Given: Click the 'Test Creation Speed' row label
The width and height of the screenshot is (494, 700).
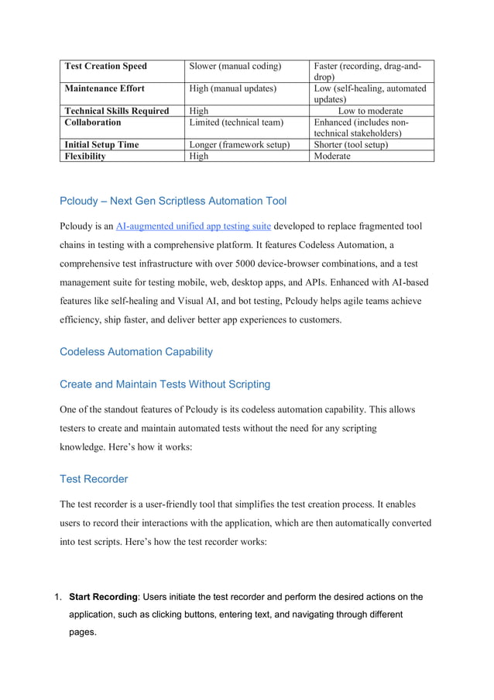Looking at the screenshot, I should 105,66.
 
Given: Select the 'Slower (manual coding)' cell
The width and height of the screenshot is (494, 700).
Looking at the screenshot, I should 235,66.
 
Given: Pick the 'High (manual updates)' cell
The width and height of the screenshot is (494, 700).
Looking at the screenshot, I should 233,88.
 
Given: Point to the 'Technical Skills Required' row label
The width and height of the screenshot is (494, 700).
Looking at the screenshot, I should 116,111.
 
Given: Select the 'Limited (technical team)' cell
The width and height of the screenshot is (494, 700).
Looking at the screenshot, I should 237,122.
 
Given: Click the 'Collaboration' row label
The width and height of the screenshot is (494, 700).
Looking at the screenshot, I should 93,122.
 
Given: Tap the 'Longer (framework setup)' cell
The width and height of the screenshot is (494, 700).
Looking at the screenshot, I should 239,144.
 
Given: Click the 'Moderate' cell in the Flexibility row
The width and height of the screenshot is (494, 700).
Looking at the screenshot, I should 332,156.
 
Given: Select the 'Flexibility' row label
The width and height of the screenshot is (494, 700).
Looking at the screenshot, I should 85,156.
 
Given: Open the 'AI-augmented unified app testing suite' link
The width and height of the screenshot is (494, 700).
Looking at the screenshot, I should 193,226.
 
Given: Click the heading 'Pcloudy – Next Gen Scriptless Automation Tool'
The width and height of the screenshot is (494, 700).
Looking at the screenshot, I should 173,201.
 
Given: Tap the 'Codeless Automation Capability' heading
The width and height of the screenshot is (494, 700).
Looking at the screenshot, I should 136,351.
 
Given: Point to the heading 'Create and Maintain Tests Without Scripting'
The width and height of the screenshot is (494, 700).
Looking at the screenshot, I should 165,384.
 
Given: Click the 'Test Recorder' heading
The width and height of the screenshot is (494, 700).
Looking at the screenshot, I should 94,479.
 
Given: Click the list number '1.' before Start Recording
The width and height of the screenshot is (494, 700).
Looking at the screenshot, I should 58,597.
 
